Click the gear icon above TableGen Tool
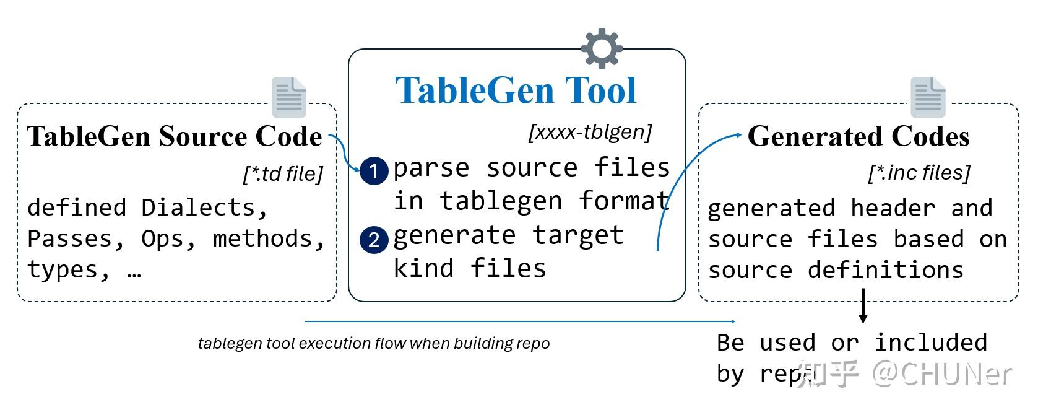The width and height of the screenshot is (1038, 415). [602, 48]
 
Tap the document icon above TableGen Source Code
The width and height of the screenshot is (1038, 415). [289, 97]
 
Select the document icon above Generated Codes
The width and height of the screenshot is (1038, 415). [928, 97]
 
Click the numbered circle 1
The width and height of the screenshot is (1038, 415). [374, 171]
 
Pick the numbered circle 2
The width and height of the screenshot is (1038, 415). [374, 240]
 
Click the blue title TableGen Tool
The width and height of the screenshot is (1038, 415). [516, 90]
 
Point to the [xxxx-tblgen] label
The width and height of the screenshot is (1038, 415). [589, 132]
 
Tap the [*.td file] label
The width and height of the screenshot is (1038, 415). [283, 174]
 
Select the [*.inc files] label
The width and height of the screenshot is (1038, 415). [919, 173]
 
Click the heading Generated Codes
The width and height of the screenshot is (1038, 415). [858, 137]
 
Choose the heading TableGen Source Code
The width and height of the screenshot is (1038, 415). [175, 137]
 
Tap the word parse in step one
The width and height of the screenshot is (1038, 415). [431, 168]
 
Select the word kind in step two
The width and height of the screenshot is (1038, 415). [423, 268]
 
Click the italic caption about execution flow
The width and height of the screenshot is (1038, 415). [374, 343]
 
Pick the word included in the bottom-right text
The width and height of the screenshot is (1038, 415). [930, 343]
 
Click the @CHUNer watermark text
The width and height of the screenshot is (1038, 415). [942, 373]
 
